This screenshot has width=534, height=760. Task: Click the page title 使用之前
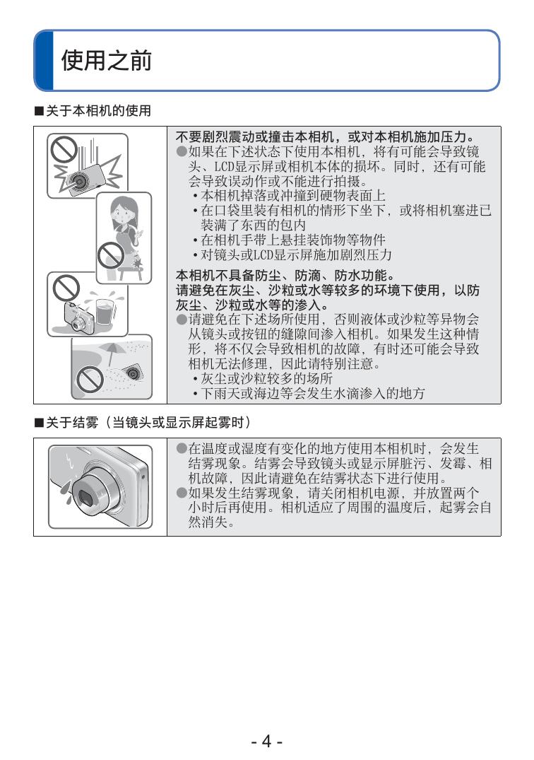pyautogui.click(x=107, y=61)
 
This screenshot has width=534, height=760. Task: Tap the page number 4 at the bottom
pyautogui.click(x=267, y=741)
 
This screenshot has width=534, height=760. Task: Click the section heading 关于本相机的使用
pyautogui.click(x=93, y=110)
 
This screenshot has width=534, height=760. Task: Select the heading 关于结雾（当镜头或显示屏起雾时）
pyautogui.click(x=143, y=422)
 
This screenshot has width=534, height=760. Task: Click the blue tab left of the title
pyautogui.click(x=44, y=61)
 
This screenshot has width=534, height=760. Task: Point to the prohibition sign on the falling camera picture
pyautogui.click(x=64, y=149)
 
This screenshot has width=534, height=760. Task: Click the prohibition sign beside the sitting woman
pyautogui.click(x=111, y=255)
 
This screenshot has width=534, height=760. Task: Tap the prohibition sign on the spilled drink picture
pyautogui.click(x=66, y=288)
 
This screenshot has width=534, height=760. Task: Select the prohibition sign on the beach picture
pyautogui.click(x=90, y=378)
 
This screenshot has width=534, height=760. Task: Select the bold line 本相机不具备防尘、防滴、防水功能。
pyautogui.click(x=285, y=275)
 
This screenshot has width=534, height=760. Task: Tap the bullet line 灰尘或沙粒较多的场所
pyautogui.click(x=263, y=378)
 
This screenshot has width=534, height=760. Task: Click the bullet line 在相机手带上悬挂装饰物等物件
pyautogui.click(x=290, y=240)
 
